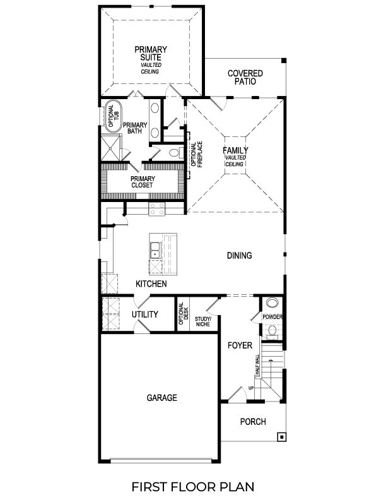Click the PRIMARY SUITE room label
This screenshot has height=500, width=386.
tap(150, 54)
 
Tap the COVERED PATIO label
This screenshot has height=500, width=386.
tap(245, 78)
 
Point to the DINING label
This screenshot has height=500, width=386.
tap(240, 256)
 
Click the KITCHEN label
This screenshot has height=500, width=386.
tap(151, 284)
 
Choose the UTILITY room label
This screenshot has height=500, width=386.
tap(144, 314)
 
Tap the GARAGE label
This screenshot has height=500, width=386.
tap(161, 398)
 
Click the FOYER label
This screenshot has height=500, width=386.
tap(240, 346)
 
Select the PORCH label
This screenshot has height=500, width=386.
tap(253, 422)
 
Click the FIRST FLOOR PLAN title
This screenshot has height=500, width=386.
tap(193, 486)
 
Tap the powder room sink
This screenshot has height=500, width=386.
tap(272, 303)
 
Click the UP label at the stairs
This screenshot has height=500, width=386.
tap(251, 388)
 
